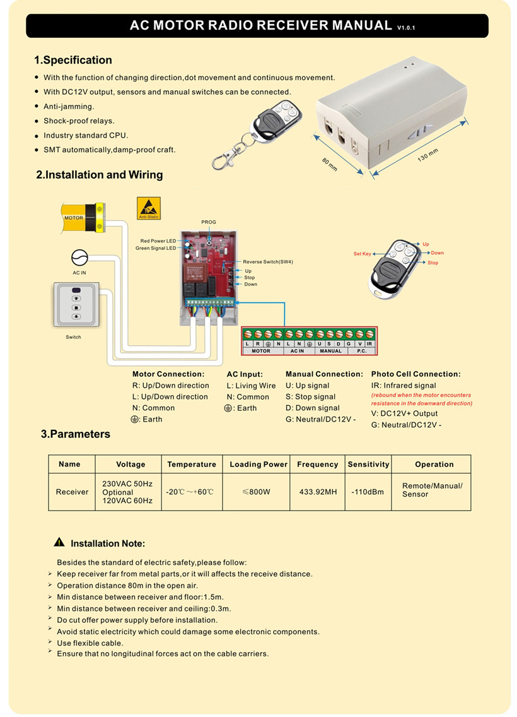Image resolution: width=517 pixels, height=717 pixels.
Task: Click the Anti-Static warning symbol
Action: point(148,208)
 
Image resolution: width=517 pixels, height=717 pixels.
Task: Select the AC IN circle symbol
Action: point(79,258)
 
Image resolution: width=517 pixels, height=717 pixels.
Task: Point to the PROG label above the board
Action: point(209,222)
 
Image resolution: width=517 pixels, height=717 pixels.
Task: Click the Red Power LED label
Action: point(158,241)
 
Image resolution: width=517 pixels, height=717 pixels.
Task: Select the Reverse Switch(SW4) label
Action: point(268,261)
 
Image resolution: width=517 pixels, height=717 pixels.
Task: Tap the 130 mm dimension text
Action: point(427,155)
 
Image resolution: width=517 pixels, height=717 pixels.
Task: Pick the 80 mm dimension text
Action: point(330,165)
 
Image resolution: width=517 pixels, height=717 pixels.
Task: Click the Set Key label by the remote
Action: point(363,254)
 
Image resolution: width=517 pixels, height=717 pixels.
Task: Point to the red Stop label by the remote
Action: point(433,263)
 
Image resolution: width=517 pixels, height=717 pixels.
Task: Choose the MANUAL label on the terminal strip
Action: point(330,351)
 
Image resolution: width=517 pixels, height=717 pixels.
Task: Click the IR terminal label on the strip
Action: point(369,343)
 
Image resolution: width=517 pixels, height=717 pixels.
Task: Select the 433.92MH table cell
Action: point(317,492)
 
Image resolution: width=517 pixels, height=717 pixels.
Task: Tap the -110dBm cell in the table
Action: point(368,492)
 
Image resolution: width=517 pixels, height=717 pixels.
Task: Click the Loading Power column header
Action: point(258,464)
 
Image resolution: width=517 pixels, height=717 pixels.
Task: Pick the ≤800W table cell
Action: point(257,492)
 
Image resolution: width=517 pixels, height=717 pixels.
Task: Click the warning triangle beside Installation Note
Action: point(59,542)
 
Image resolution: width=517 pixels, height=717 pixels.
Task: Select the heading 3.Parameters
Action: point(76,434)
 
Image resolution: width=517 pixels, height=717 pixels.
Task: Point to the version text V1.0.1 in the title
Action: point(406,28)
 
